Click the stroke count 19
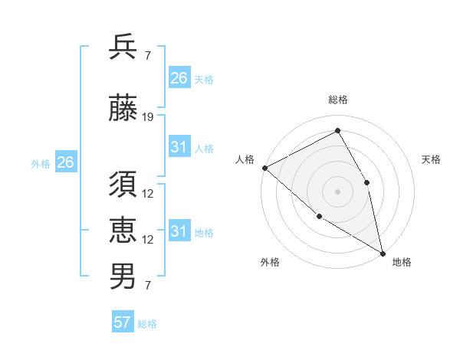tap(148, 117)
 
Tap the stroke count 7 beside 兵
tap(147, 57)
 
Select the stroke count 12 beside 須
tap(148, 194)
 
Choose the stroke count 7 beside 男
tap(147, 286)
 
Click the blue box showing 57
tap(123, 322)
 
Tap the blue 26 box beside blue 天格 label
tap(179, 78)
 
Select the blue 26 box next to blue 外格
tap(65, 162)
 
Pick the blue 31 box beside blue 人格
tap(179, 147)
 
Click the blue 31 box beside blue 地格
tap(179, 231)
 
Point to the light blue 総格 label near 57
tap(147, 324)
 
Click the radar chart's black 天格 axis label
tap(431, 159)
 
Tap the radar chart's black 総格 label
tap(337, 100)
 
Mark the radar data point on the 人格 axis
tap(264, 168)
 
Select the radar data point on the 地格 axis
tap(382, 252)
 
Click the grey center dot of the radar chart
tap(337, 191)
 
